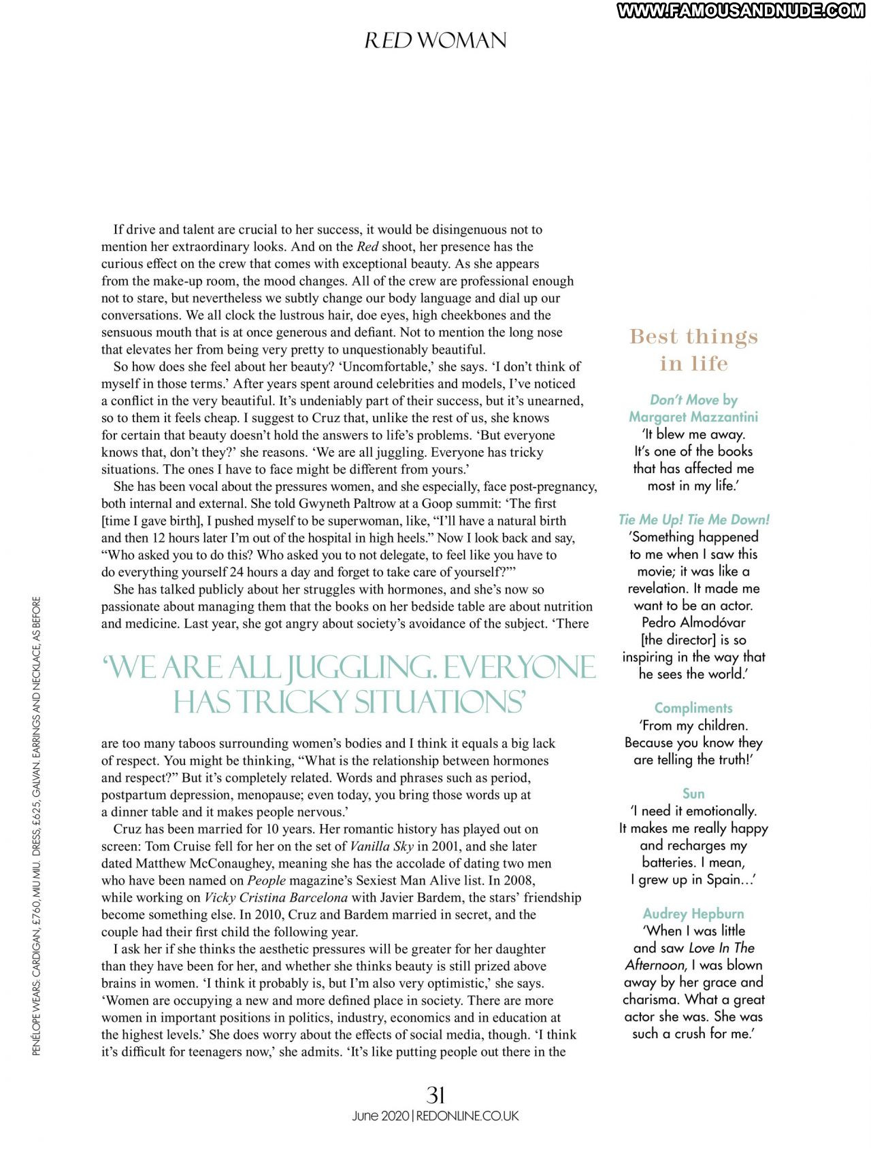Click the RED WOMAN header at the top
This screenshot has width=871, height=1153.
click(435, 41)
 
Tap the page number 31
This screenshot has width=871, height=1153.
click(435, 1095)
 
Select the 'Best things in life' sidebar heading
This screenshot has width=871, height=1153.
click(693, 350)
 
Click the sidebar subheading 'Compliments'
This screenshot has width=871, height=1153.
click(693, 708)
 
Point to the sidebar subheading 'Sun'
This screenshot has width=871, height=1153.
click(693, 793)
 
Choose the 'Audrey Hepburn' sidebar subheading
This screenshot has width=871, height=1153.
click(693, 913)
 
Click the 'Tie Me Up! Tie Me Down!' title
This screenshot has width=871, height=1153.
click(693, 519)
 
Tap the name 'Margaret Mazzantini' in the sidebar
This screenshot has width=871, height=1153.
click(693, 417)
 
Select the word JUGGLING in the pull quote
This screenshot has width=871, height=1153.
click(361, 668)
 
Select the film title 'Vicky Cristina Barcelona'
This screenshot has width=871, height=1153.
click(276, 897)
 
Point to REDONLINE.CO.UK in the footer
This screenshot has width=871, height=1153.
click(467, 1116)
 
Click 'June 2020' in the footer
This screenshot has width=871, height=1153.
click(380, 1116)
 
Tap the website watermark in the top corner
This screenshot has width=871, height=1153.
click(741, 10)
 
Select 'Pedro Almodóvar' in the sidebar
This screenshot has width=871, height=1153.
click(693, 622)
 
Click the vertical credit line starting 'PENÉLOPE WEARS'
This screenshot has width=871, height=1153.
click(37, 826)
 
